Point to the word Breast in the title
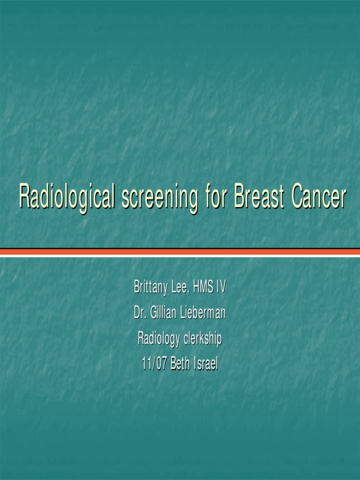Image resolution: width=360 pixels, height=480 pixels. click(259, 197)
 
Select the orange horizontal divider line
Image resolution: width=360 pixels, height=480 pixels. click(180, 252)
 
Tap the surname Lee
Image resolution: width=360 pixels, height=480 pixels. click(180, 287)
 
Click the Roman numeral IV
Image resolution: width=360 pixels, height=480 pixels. click(221, 287)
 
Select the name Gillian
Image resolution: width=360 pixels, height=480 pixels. click(164, 313)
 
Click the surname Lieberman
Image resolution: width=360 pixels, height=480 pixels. click(202, 313)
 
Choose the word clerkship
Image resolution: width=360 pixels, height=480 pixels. click(202, 338)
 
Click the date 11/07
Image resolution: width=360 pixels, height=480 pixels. click(154, 364)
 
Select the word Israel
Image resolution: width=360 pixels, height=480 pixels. click(206, 364)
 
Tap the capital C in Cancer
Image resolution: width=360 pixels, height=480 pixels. click(298, 197)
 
